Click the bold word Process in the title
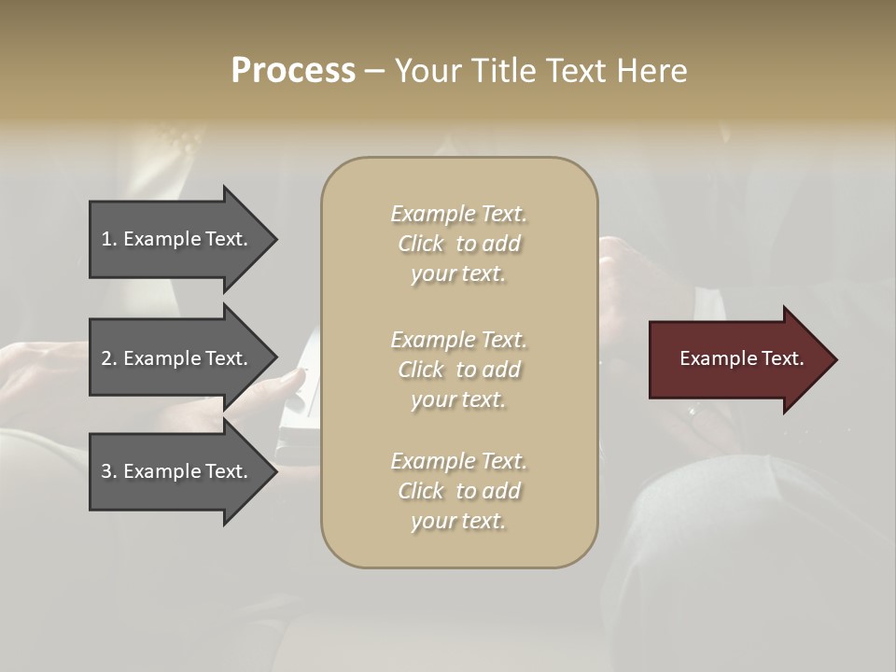[x=293, y=71]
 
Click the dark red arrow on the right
[x=737, y=359]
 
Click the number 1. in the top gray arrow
[x=108, y=239]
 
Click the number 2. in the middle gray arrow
[x=108, y=358]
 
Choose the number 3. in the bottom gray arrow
[x=108, y=471]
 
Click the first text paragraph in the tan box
[x=458, y=244]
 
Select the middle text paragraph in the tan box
[x=458, y=369]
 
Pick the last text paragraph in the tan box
[x=458, y=491]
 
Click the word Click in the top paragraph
[x=420, y=244]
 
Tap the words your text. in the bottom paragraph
[x=458, y=521]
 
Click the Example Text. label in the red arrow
[x=741, y=358]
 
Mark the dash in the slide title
[x=374, y=72]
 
